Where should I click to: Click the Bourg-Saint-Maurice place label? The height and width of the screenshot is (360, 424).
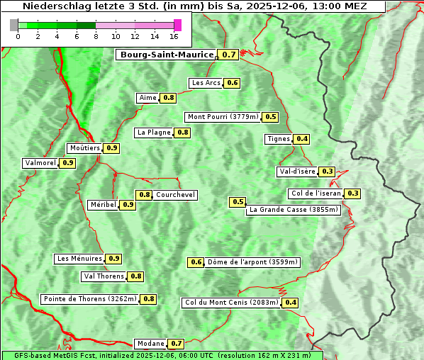click(167, 55)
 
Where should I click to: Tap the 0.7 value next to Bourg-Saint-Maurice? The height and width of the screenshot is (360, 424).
click(228, 55)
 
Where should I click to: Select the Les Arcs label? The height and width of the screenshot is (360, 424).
click(206, 83)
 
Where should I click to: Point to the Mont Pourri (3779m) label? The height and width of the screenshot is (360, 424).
click(223, 117)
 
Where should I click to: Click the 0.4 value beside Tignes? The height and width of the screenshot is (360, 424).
click(302, 139)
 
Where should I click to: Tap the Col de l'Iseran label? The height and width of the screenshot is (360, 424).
click(316, 193)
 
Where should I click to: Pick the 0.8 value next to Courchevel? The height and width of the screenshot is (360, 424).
click(144, 195)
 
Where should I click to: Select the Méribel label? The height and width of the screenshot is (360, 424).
click(103, 205)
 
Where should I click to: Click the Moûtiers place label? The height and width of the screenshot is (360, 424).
click(84, 148)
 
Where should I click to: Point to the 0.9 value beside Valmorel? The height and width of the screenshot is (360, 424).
click(68, 163)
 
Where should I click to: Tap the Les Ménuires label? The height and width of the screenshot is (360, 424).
click(79, 259)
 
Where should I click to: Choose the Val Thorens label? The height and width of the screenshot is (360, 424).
click(104, 276)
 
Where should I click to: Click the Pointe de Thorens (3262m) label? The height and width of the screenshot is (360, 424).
click(89, 299)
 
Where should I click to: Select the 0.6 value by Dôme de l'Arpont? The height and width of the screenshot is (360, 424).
click(196, 262)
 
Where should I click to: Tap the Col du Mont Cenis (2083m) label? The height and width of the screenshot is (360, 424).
click(231, 303)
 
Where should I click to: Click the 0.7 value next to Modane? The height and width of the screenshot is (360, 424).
click(177, 344)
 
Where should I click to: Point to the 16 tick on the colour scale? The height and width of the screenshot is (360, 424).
click(174, 36)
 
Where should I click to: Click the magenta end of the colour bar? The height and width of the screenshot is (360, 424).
click(177, 25)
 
